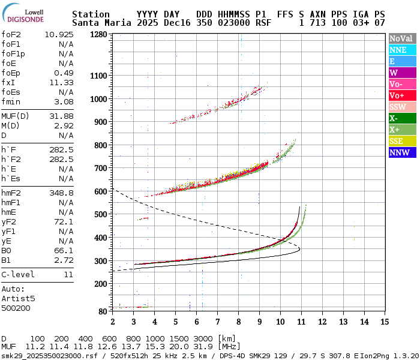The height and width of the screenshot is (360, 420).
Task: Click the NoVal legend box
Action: coord(402,38)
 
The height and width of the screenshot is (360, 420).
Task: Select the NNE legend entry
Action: coord(402,50)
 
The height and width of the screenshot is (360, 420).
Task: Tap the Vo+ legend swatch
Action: coord(402,95)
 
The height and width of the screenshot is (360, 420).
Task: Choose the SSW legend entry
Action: coord(402,107)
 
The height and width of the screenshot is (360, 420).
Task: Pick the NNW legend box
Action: coord(402,152)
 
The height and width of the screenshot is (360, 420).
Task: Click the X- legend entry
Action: coord(402,118)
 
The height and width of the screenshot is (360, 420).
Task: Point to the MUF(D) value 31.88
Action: coord(61,116)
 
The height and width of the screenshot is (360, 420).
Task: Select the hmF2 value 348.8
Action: coord(61,193)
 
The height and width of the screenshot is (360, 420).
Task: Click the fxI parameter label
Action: coord(8,82)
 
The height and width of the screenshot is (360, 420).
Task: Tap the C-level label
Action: coord(18,274)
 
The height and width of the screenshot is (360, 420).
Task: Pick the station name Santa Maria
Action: coord(99,23)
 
